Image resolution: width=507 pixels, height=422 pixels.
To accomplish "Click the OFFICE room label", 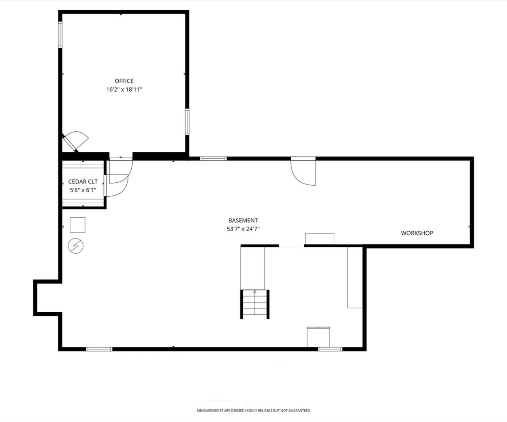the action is pyautogui.click(x=124, y=81).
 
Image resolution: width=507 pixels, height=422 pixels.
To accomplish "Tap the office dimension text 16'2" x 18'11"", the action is pyautogui.click(x=124, y=90).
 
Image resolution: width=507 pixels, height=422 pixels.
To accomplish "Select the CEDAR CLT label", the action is pyautogui.click(x=83, y=181).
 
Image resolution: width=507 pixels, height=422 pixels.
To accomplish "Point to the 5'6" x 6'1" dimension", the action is pyautogui.click(x=83, y=190).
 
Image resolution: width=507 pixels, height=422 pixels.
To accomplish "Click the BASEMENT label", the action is pyautogui.click(x=243, y=220).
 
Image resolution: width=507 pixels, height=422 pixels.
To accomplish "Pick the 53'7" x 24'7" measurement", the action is pyautogui.click(x=243, y=229).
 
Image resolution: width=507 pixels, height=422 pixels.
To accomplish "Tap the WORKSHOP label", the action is pyautogui.click(x=417, y=233).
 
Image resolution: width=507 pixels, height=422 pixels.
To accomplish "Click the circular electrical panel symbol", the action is pyautogui.click(x=76, y=246).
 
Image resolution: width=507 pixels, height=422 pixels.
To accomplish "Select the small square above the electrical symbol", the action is pyautogui.click(x=78, y=225).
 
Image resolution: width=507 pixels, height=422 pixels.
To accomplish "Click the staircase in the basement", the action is pyautogui.click(x=255, y=304).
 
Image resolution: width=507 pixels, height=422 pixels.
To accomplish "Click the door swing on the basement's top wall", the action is pyautogui.click(x=303, y=171).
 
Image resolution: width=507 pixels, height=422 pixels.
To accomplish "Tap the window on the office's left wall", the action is pyautogui.click(x=60, y=35).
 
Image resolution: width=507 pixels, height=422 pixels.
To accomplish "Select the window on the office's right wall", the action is pyautogui.click(x=187, y=122).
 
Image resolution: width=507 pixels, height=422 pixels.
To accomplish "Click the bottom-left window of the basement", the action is pyautogui.click(x=99, y=349).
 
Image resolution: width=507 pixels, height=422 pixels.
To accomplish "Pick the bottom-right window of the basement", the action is pyautogui.click(x=330, y=349).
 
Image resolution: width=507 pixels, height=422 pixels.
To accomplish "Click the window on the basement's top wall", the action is pyautogui.click(x=213, y=159).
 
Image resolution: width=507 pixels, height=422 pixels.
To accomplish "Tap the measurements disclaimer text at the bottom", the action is pyautogui.click(x=253, y=411).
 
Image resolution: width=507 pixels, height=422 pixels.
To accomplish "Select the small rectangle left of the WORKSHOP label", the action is pyautogui.click(x=319, y=239).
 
